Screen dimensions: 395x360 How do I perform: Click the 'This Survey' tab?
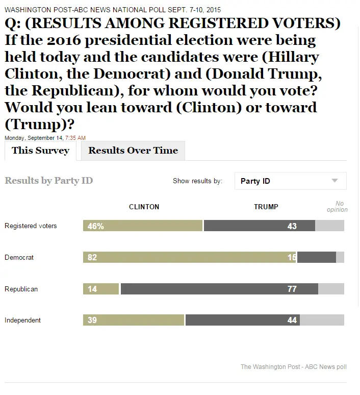point(40,151)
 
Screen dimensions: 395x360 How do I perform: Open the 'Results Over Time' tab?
point(133,151)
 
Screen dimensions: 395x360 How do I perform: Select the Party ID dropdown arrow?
point(335,181)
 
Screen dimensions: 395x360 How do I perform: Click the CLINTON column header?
point(144,207)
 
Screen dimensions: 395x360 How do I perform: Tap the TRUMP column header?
point(266,207)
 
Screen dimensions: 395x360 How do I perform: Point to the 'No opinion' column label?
point(339,207)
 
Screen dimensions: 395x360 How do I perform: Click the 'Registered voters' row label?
point(31,226)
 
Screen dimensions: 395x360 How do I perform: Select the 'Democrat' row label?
point(19,257)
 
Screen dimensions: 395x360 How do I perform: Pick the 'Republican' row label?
point(21,289)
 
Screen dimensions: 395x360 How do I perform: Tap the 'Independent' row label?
point(22,320)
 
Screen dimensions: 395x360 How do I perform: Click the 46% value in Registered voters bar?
point(95,226)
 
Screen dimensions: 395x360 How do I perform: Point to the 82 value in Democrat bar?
point(92,258)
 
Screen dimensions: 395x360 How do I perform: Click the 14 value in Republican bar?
point(92,289)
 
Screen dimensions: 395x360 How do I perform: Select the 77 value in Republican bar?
point(292,289)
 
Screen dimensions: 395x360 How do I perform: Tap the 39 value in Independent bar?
point(92,320)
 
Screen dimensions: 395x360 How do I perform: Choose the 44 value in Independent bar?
point(292,320)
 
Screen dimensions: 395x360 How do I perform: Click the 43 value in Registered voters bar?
point(292,226)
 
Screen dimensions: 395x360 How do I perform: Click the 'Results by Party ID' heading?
point(49,181)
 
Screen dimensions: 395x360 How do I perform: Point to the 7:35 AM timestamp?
point(75,138)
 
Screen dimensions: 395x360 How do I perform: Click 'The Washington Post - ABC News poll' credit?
point(293,366)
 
